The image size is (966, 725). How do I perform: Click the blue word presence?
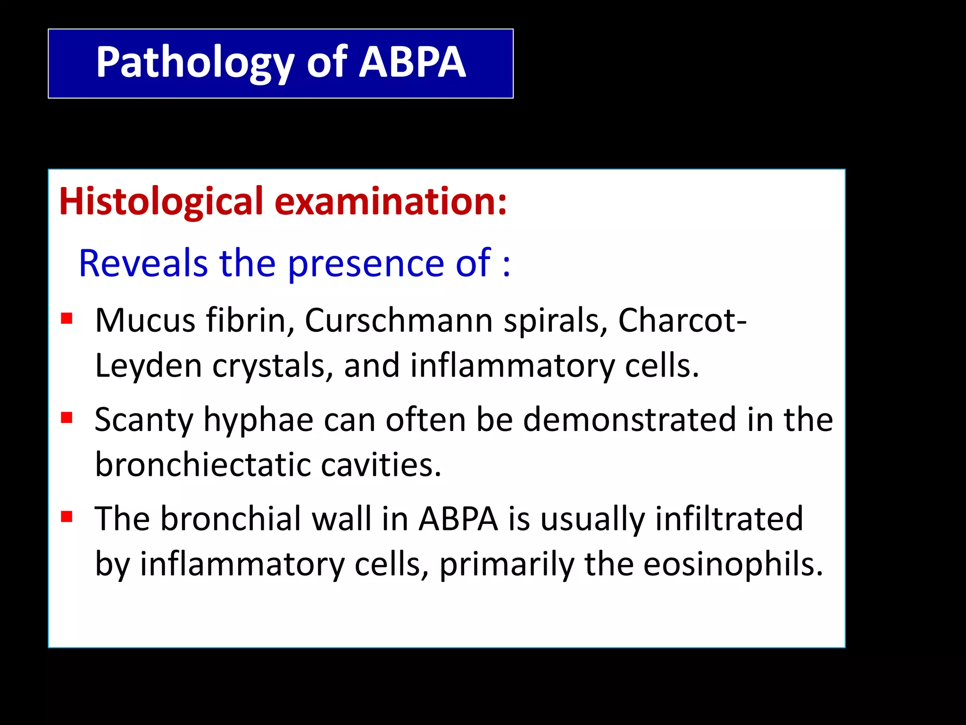[365, 263]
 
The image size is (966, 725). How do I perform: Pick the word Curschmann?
[399, 320]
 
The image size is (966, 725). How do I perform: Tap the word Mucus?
[145, 320]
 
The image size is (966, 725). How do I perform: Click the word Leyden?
[148, 366]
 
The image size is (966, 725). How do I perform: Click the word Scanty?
[143, 420]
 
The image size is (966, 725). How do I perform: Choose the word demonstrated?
[629, 420]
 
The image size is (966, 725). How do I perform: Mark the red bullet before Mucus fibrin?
[67, 319]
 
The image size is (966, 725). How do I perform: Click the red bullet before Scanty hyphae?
[67, 418]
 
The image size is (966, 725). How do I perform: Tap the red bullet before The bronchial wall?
[67, 517]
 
